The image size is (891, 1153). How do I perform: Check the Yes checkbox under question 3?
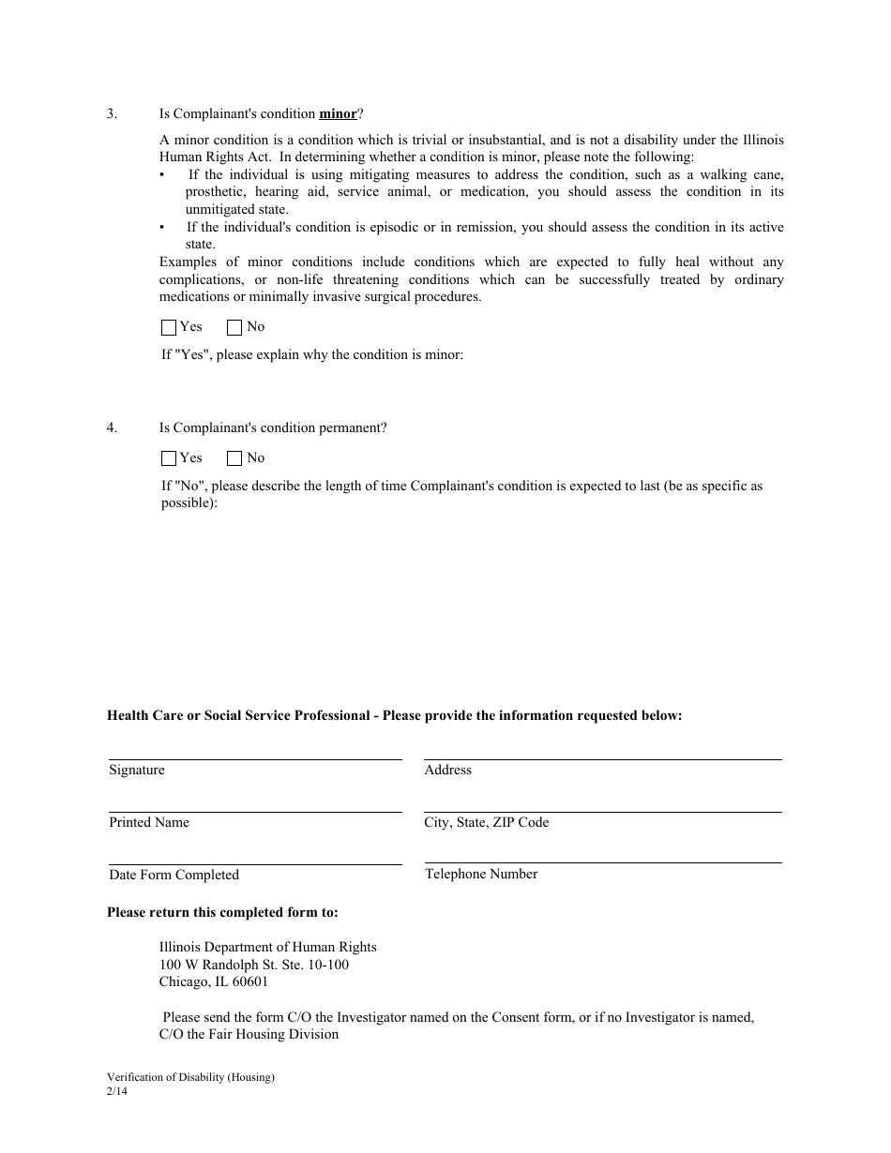pos(169,327)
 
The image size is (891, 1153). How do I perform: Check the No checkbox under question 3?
pos(234,327)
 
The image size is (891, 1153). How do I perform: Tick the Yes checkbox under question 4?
pos(169,458)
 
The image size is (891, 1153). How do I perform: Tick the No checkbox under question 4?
pos(234,458)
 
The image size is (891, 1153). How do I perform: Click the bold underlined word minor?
pos(338,114)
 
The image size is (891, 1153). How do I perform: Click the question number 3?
pos(112,114)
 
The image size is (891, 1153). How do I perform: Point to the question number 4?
pos(112,428)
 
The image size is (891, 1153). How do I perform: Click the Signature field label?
pos(137,771)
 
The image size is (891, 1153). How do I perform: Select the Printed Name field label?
pos(149,823)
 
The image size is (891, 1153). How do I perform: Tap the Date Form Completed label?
pos(174,876)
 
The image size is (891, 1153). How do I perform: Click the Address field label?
pos(447,771)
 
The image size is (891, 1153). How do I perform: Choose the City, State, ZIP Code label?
pos(486,823)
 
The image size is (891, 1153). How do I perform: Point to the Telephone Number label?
pos(481,875)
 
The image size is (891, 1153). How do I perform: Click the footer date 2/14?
pos(116,1092)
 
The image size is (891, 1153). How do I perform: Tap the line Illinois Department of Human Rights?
pos(267,948)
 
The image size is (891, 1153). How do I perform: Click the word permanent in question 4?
pos(351,428)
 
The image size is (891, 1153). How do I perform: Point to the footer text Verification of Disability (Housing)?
pos(190,1078)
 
